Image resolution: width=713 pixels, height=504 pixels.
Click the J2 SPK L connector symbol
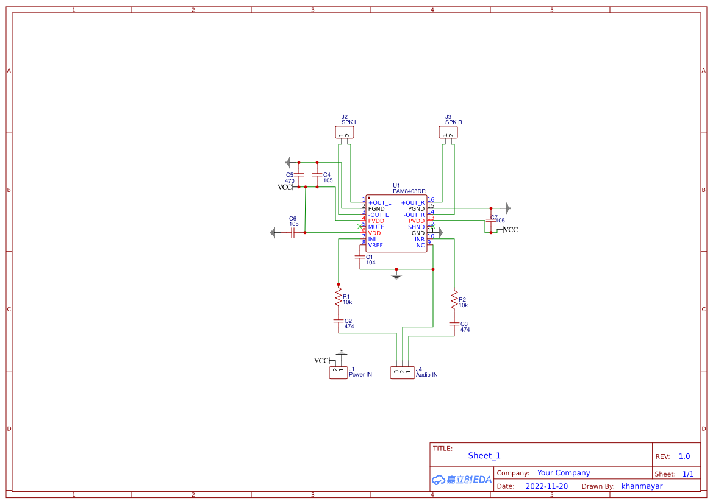tap(345, 132)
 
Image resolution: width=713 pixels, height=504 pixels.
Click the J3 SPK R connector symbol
tap(448, 132)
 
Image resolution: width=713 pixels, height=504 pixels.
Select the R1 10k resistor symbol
tap(338, 298)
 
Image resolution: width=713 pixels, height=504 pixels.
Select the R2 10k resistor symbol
tap(454, 300)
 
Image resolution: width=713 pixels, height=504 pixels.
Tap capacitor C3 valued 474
tap(454, 324)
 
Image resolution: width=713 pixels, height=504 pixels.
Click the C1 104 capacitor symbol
tap(360, 257)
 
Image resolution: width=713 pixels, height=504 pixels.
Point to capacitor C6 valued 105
tap(293, 232)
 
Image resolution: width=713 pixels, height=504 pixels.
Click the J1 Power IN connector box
tap(338, 372)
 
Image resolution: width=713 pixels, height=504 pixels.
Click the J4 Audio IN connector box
tap(402, 372)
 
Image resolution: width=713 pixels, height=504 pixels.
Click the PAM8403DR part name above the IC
tap(409, 191)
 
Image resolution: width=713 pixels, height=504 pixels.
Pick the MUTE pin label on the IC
tap(376, 227)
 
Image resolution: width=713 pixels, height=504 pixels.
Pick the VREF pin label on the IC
tap(376, 245)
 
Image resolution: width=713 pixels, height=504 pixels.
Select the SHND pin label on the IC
tap(416, 227)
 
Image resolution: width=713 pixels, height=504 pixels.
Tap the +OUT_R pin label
tap(413, 202)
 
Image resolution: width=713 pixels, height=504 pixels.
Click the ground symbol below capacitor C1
tap(396, 275)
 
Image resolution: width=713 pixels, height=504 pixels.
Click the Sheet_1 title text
tap(484, 456)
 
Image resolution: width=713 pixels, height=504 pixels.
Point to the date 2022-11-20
tap(546, 486)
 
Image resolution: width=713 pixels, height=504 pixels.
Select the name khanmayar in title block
tap(642, 486)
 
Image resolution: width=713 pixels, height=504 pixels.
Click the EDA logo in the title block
tap(462, 480)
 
